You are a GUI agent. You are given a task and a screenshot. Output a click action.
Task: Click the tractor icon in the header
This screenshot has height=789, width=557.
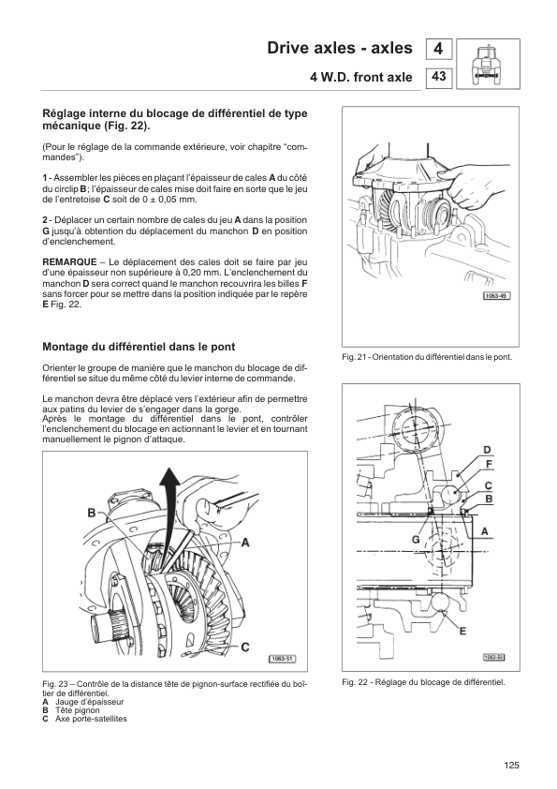point(488,64)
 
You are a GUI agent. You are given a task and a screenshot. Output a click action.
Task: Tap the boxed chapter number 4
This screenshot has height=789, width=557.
point(438,49)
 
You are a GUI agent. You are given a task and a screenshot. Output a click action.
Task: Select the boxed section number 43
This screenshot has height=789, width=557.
point(438,77)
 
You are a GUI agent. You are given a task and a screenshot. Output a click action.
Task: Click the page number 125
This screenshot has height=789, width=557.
point(511,766)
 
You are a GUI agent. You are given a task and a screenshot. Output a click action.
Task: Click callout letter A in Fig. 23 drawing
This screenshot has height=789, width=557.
point(245,543)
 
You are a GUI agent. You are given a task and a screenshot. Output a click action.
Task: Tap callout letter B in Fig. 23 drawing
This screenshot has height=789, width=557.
point(92,513)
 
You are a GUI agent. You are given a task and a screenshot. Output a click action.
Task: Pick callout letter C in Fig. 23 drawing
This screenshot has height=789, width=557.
point(245,648)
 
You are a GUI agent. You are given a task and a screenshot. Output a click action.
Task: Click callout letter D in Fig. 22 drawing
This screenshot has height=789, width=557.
point(487,450)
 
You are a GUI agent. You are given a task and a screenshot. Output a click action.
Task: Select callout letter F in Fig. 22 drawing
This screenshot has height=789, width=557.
point(490,464)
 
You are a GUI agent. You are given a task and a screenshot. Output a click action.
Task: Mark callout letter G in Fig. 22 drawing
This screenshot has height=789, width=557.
point(416,540)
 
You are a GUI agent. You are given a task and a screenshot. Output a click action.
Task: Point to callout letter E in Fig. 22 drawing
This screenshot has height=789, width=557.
point(463,631)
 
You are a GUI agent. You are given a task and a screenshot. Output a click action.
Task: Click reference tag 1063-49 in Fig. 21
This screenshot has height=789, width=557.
point(497,296)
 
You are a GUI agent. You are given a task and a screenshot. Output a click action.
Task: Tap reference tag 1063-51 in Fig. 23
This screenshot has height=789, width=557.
point(283,659)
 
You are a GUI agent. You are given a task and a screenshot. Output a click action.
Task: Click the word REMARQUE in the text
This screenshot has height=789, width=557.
point(69,262)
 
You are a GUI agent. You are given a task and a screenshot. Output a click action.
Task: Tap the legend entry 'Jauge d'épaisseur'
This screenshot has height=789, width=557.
point(90,702)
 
